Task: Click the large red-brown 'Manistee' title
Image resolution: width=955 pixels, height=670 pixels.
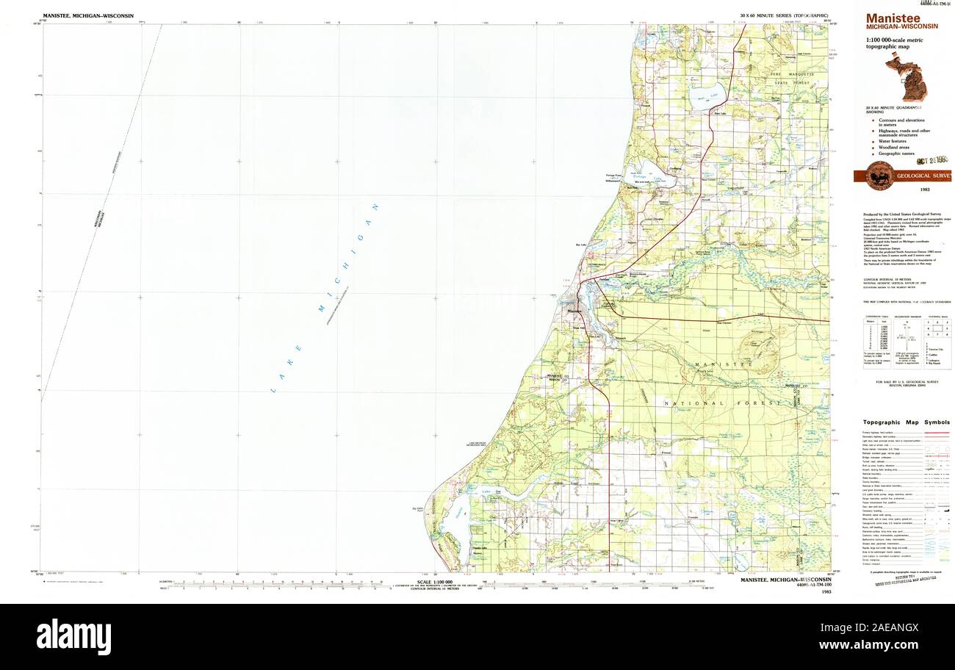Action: coord(892,18)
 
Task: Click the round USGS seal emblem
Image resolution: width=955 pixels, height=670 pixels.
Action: coord(879,176)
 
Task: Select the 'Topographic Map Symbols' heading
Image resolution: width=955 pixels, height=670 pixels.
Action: coord(905,422)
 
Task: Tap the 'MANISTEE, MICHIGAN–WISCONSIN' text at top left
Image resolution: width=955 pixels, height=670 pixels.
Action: coord(88,15)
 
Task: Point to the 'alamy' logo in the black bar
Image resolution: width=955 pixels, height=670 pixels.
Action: coord(73,636)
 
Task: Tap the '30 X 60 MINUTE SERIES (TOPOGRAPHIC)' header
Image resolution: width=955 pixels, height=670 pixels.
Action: coord(785,15)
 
